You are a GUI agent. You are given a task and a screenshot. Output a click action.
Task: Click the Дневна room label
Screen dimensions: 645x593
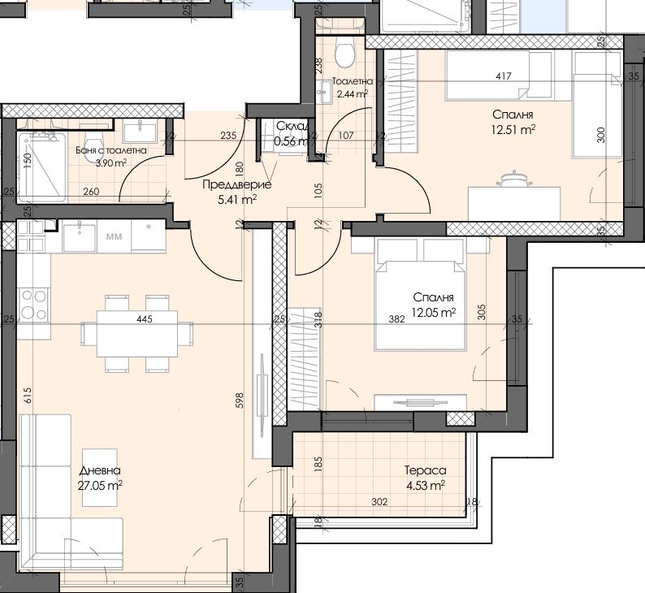point(100,470)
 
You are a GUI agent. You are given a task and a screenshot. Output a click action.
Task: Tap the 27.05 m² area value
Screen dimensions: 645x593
point(100,486)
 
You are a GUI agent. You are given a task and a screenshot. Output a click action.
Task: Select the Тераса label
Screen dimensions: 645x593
point(426,470)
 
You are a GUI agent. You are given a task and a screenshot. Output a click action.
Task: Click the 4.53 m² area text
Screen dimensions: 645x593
point(426,486)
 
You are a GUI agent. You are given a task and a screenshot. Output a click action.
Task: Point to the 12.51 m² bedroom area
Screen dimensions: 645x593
point(513,130)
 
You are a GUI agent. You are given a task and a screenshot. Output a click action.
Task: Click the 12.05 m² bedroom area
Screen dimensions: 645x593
point(433,313)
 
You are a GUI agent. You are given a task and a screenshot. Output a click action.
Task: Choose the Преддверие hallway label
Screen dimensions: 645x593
point(237,185)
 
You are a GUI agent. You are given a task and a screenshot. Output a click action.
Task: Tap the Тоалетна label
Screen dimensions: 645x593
point(352,81)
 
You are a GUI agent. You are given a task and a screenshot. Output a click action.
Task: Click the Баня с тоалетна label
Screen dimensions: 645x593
point(111,150)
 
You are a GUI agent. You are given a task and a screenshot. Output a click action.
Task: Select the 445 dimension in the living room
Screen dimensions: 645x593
point(145,318)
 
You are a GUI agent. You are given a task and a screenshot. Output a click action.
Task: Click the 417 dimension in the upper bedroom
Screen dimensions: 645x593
point(504,76)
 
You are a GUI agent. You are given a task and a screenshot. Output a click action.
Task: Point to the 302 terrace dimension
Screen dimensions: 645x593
point(379,502)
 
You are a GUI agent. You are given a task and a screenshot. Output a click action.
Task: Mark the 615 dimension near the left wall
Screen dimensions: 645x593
point(27,396)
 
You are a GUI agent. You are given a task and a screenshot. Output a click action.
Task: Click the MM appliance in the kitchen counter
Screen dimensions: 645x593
point(114,237)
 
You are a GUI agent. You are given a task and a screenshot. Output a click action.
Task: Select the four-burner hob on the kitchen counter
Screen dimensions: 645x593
point(34,305)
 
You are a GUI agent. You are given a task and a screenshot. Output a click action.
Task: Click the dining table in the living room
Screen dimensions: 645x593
point(137,334)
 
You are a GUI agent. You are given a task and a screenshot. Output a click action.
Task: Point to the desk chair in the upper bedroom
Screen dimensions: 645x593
point(514,180)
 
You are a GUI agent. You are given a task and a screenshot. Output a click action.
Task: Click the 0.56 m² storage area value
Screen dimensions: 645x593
point(291,141)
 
